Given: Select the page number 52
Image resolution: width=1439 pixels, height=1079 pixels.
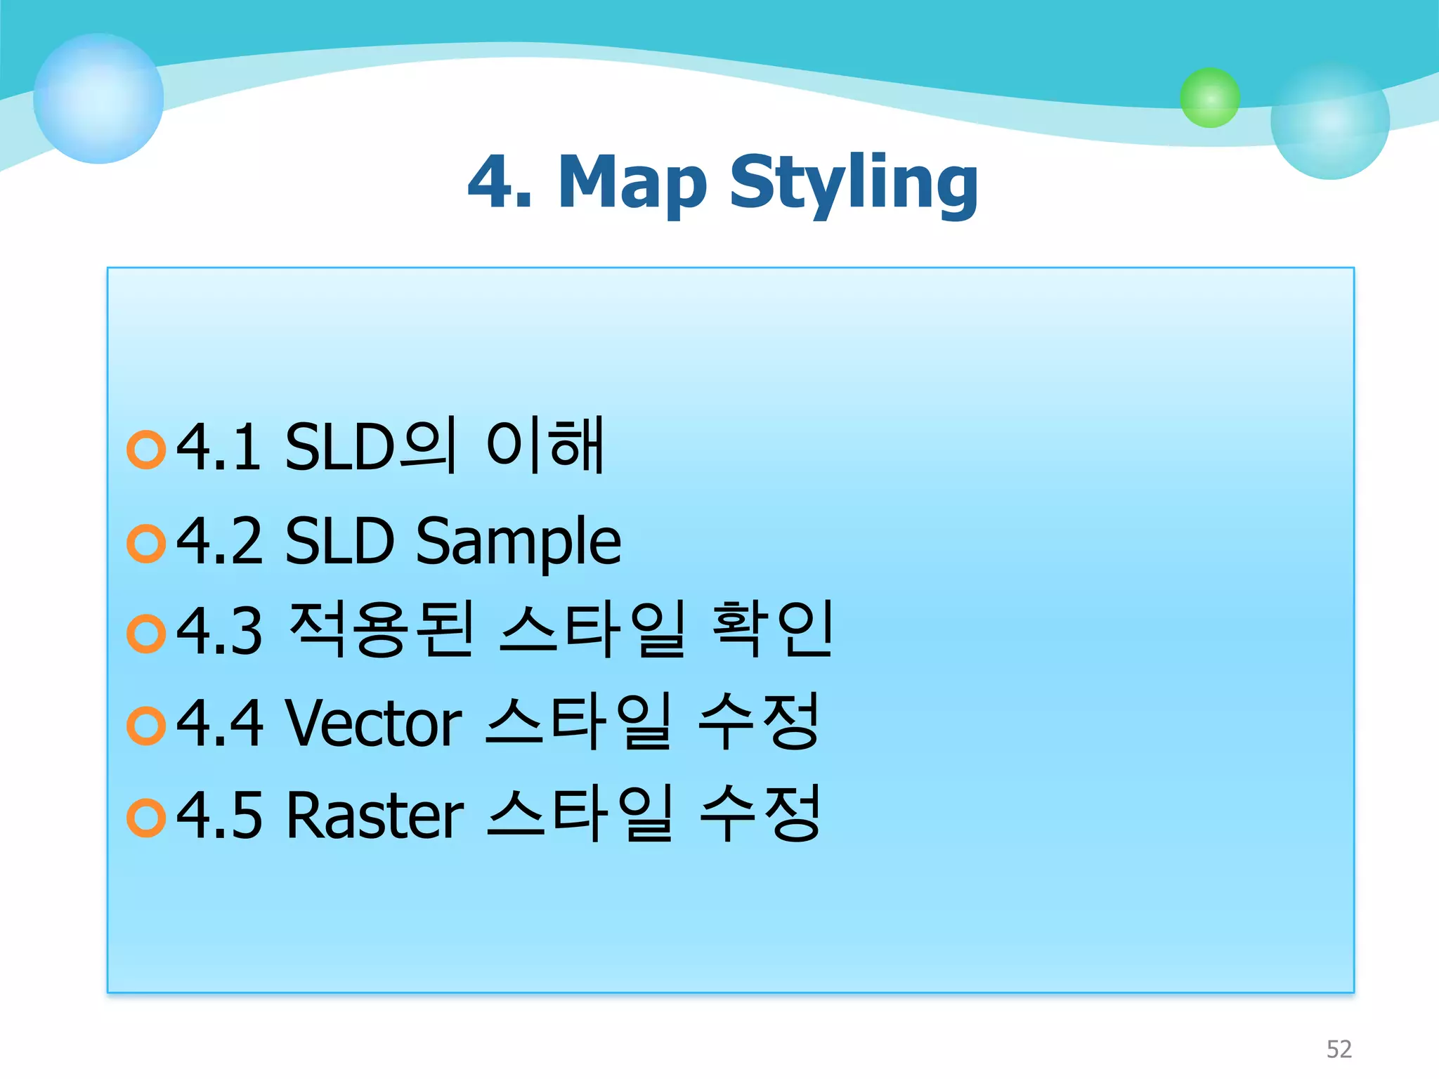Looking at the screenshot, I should click(1339, 1049).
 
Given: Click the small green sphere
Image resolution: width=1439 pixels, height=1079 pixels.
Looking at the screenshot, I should click(1209, 98).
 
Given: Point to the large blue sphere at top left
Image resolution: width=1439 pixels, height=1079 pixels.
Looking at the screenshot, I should click(98, 98).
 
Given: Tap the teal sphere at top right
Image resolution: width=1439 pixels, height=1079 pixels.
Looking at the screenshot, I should click(1329, 120).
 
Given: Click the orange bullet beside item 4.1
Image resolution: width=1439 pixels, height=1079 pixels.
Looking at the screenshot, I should click(146, 450).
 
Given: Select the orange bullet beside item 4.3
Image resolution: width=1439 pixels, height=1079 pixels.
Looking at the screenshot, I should click(146, 634).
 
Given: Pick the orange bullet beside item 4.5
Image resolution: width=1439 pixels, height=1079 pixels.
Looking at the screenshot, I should click(146, 818).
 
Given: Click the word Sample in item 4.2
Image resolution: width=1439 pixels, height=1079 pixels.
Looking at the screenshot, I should click(519, 541).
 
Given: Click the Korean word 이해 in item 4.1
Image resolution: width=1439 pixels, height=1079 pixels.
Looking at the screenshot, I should click(545, 445).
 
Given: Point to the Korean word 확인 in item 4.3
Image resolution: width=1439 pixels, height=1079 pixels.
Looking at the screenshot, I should click(771, 629).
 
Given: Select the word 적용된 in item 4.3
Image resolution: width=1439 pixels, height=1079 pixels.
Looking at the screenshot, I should click(382, 629).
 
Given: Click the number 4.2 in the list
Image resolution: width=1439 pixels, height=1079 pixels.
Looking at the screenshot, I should click(219, 541).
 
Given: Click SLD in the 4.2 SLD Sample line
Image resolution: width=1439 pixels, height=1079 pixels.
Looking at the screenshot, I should click(339, 541).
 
